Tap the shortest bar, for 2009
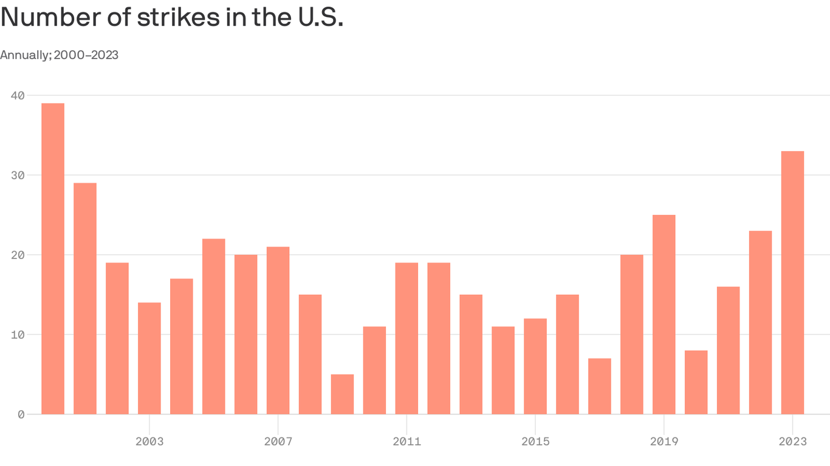tap(342, 394)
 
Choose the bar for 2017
tap(600, 386)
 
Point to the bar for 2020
tap(696, 382)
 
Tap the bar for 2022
tap(760, 322)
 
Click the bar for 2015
tap(535, 366)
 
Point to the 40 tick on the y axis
tap(18, 95)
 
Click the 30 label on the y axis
tap(18, 175)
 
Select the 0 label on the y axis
tap(21, 414)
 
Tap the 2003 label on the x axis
tap(149, 442)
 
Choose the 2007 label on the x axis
tap(278, 442)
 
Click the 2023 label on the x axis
tap(792, 442)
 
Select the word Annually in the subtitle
tap(25, 55)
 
